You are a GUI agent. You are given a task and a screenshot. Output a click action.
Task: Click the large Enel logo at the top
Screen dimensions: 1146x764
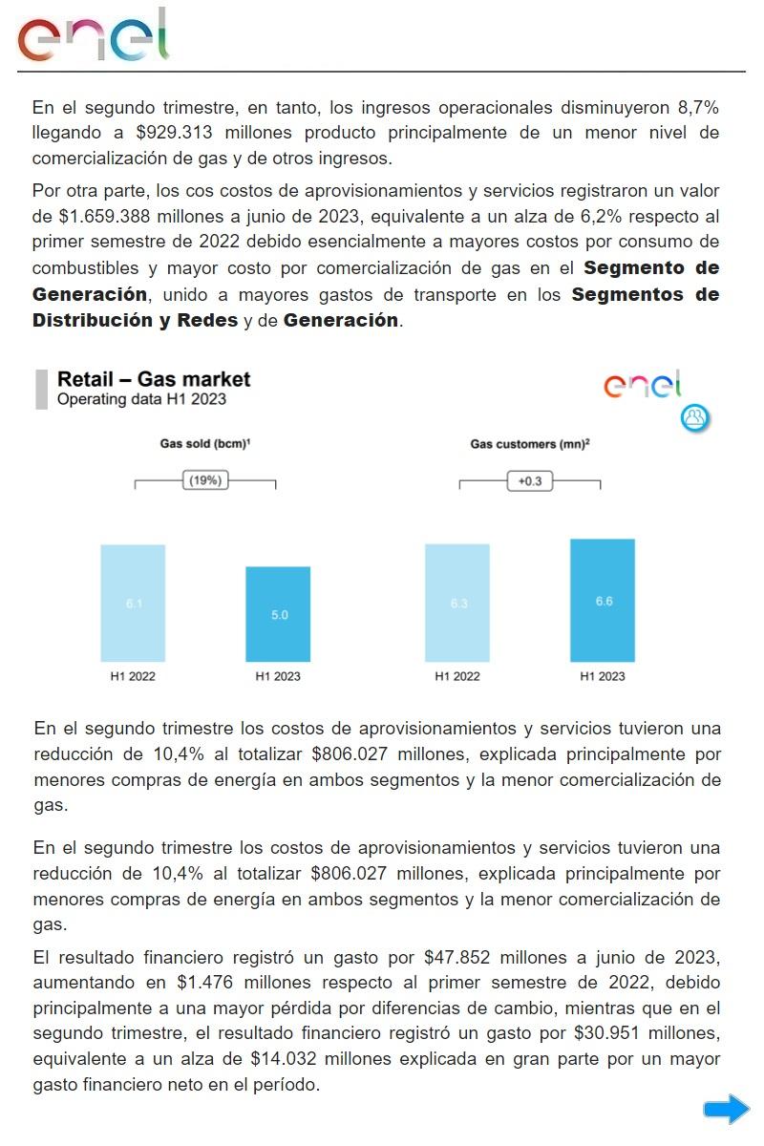pos(93,37)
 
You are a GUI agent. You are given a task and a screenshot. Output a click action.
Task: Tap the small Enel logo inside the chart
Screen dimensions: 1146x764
pos(643,385)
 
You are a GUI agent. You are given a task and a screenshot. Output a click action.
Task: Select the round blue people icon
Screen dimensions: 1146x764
pos(695,417)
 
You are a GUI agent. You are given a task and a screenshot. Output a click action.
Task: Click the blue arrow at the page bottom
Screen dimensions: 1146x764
pos(726,1109)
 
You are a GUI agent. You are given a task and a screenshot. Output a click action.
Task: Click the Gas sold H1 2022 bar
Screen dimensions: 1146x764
pos(133,603)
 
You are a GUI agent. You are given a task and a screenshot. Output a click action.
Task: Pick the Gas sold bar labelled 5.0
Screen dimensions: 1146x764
pos(278,614)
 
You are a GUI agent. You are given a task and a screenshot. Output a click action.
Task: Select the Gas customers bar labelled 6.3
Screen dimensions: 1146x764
pos(457,603)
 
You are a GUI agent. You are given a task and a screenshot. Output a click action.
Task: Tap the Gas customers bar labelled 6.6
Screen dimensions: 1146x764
pos(603,600)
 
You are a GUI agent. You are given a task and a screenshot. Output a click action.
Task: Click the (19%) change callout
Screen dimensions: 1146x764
pos(205,480)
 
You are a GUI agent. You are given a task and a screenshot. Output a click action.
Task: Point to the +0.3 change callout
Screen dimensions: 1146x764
pos(529,481)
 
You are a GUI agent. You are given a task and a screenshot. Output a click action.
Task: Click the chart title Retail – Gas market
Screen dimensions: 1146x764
pos(154,379)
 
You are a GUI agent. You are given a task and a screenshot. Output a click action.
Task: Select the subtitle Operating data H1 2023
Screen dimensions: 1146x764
pos(141,399)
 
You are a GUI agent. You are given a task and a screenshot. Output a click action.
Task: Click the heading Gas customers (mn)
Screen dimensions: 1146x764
pos(529,444)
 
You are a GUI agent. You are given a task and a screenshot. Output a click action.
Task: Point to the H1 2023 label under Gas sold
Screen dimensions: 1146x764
pos(278,676)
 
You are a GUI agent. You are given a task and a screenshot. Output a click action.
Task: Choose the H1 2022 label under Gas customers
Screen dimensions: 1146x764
pos(457,676)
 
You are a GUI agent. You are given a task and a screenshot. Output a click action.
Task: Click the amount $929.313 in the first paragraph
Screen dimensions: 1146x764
pos(175,132)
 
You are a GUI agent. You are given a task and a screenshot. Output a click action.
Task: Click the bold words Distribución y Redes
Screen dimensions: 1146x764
pos(135,320)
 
